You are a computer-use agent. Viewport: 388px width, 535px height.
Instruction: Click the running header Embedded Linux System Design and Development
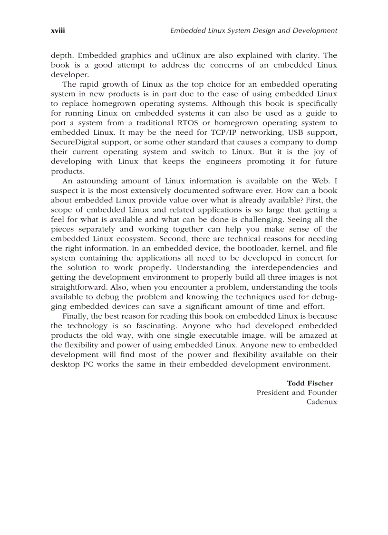(x=253, y=30)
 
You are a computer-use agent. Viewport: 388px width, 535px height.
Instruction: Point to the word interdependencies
(x=273, y=268)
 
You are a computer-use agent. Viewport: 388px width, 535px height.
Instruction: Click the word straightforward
(x=78, y=287)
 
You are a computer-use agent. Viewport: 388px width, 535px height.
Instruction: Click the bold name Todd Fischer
(x=310, y=383)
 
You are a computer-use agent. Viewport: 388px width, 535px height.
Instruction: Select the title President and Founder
(x=297, y=393)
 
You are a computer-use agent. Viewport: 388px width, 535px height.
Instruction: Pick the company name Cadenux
(x=321, y=402)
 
